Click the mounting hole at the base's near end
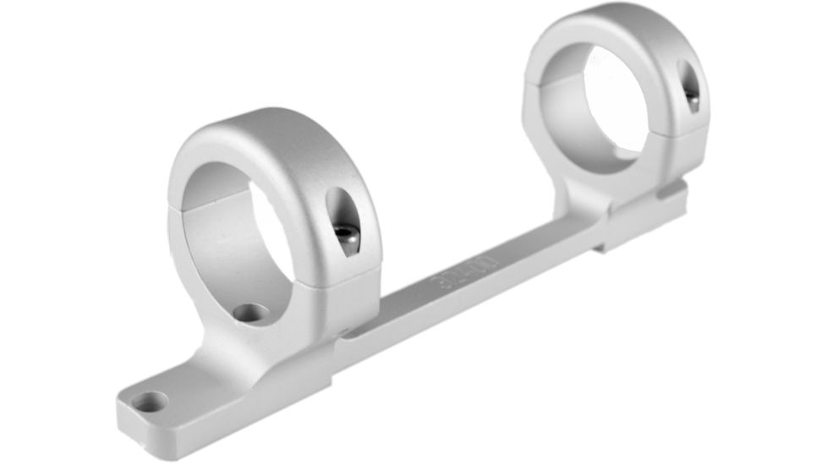pos(151,402)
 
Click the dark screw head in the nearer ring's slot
pos(344,232)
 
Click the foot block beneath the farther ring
pos(643,224)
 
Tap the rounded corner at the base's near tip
pos(125,418)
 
